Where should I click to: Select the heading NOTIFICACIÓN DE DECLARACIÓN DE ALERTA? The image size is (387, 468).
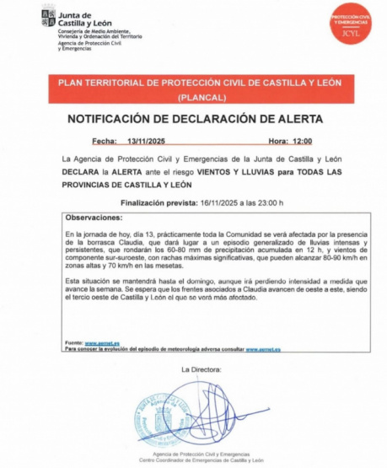193,120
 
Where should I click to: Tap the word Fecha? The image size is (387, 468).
105,142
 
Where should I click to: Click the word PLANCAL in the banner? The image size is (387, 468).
194,96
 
